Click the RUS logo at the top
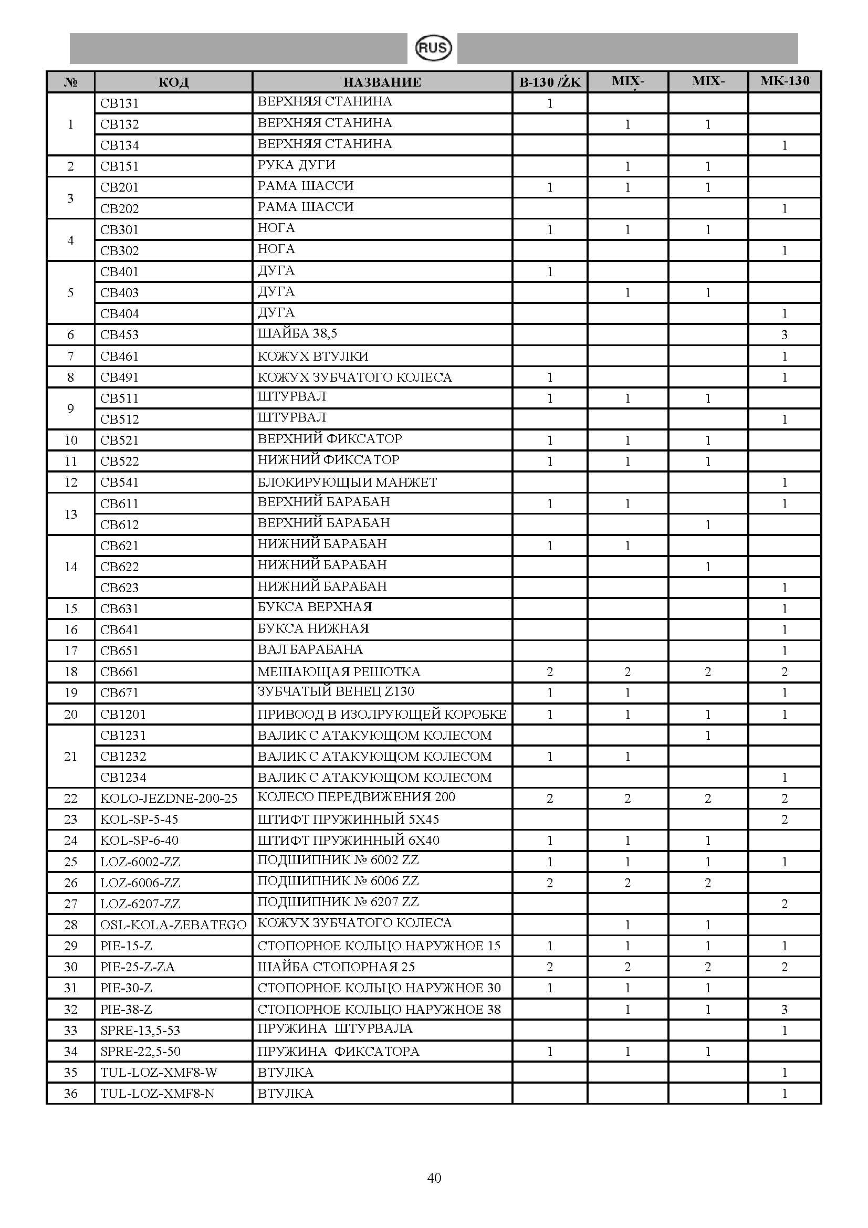(434, 48)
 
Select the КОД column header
(173, 82)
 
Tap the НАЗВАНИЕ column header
(382, 82)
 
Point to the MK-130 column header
(785, 81)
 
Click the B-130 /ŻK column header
(550, 82)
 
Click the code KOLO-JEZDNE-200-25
(169, 799)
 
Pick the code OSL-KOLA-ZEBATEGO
(173, 925)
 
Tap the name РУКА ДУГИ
(296, 165)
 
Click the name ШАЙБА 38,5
(297, 334)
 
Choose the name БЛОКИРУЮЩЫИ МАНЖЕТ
(347, 482)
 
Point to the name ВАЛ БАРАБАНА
(310, 649)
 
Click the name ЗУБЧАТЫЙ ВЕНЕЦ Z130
(336, 691)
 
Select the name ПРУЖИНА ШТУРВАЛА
(335, 1028)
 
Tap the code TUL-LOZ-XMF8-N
(157, 1094)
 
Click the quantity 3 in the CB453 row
(785, 335)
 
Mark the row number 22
(70, 799)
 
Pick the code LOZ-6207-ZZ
(140, 904)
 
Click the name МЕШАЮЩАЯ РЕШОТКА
(339, 672)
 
